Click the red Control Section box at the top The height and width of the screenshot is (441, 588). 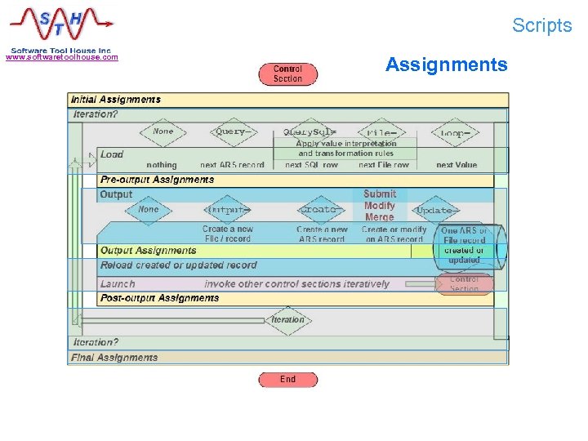pos(287,74)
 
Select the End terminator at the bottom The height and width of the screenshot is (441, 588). pos(287,380)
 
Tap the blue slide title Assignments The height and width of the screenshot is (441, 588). pos(446,65)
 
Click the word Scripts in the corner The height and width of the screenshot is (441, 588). pos(542,25)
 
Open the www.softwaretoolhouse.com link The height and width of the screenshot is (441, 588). pos(62,57)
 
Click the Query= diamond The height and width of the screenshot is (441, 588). pos(230,131)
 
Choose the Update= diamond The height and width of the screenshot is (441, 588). pos(434,210)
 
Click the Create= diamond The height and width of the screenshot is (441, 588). pos(320,210)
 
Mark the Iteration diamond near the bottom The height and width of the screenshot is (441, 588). pos(287,320)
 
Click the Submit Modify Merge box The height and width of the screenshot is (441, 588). pos(380,206)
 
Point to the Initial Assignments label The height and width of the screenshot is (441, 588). pos(117,100)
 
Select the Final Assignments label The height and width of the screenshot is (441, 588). pos(115,358)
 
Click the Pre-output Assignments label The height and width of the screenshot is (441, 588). pos(157,180)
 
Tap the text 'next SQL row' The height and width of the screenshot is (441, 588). pos(311,165)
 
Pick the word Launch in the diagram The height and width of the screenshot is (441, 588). pos(118,284)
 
